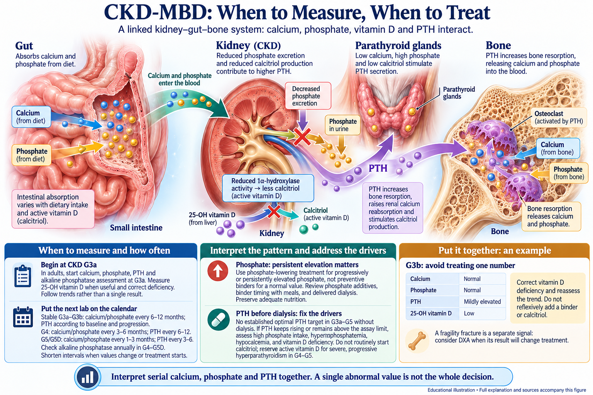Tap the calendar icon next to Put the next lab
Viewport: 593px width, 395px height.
point(23,317)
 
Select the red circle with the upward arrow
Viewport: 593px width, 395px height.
point(218,271)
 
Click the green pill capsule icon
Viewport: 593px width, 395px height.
point(219,320)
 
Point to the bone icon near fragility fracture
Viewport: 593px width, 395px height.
point(417,341)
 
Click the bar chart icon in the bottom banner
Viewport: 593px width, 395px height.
point(88,377)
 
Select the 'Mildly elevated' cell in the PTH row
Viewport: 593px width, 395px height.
point(482,302)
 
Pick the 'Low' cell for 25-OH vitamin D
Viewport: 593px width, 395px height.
point(482,313)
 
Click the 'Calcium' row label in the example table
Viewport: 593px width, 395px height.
point(420,279)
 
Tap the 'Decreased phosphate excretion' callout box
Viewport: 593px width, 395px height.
point(308,96)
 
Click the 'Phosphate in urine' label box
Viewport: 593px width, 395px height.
point(342,125)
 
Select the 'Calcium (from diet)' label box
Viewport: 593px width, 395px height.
point(31,116)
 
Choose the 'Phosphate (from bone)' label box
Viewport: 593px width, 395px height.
point(568,173)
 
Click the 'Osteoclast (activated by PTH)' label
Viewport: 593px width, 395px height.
point(559,117)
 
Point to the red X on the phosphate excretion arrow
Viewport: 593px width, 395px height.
point(302,137)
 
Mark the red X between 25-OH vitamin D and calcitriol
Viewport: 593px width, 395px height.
point(274,211)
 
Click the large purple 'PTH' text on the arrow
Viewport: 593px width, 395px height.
point(378,168)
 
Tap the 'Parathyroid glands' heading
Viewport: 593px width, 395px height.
point(398,46)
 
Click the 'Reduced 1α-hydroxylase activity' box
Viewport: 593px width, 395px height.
point(268,188)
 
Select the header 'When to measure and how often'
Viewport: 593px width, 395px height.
point(104,250)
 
